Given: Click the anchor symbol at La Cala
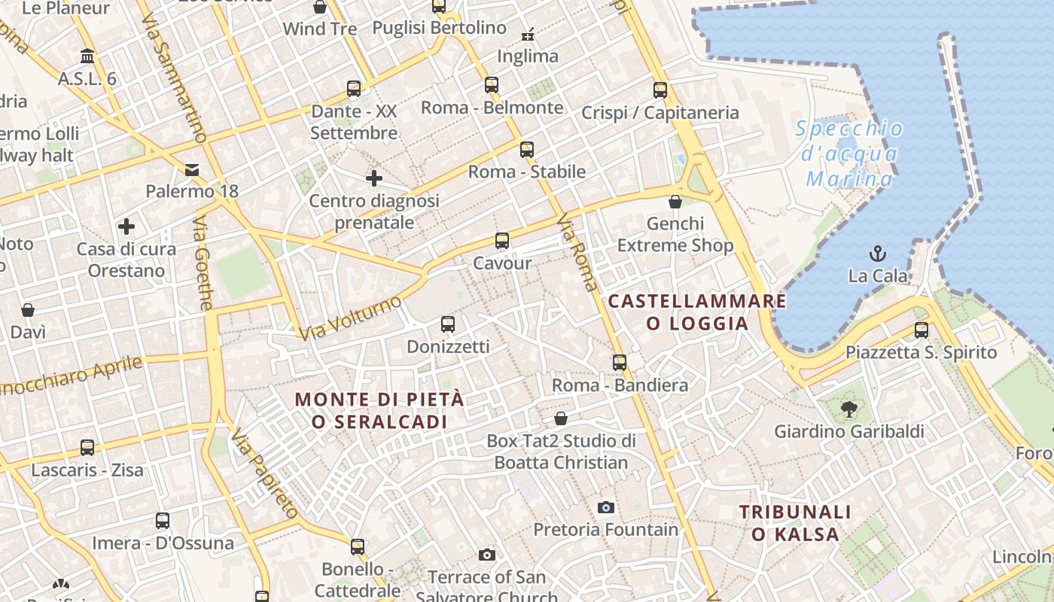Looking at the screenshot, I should tap(877, 253).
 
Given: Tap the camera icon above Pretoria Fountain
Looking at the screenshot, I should tap(605, 507).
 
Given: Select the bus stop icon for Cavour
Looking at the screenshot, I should tap(502, 241).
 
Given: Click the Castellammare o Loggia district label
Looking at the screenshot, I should tap(697, 312).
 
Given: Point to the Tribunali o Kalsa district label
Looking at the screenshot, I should tap(795, 523).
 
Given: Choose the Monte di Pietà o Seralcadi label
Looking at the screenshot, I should tap(379, 410).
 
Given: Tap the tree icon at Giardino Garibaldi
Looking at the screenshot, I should tap(849, 409).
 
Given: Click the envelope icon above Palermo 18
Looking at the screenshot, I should tap(192, 169).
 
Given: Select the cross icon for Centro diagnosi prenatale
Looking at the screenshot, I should tap(374, 178).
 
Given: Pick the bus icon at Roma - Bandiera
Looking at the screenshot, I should tap(620, 363).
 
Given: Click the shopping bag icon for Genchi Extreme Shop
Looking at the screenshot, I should tap(675, 202).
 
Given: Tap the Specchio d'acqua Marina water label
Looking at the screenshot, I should tap(849, 154).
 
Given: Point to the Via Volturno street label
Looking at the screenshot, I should tap(350, 318).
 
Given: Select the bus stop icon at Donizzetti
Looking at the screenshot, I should tap(448, 324).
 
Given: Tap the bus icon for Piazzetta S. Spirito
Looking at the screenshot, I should tap(921, 330).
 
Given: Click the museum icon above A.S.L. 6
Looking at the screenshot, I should tap(87, 56).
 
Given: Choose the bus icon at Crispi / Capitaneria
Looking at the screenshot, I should tap(660, 90).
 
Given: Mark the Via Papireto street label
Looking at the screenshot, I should tap(265, 474).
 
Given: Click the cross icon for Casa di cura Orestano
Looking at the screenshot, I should tap(126, 226).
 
